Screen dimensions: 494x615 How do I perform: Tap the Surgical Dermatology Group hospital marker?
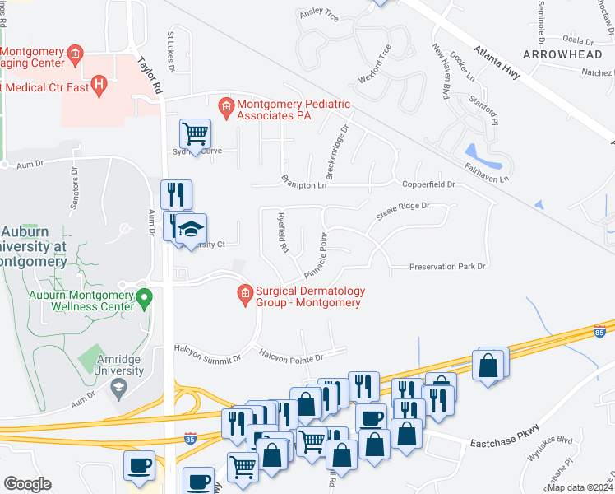[244, 293]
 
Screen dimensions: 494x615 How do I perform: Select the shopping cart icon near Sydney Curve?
[195, 133]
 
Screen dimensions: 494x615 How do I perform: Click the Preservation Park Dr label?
[448, 267]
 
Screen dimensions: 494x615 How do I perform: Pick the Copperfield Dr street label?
[428, 184]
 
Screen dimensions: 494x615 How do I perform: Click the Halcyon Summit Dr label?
[207, 359]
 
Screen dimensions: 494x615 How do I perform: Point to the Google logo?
[27, 484]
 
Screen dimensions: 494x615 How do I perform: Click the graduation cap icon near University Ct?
[191, 228]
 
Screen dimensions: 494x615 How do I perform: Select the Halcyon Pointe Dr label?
[292, 357]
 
